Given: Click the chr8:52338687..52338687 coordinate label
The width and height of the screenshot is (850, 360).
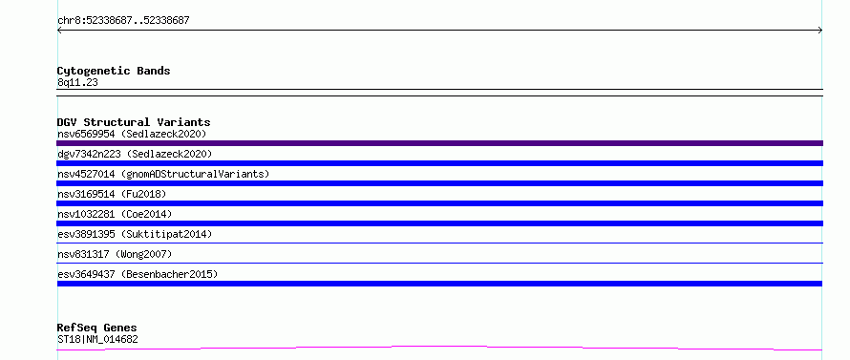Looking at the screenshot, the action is (x=123, y=21).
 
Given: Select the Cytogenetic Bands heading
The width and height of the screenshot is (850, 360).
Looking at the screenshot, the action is (x=114, y=71).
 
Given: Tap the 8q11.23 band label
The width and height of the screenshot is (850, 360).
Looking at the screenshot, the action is (x=77, y=83).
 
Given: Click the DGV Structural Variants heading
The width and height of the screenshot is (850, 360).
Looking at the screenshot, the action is (x=134, y=122).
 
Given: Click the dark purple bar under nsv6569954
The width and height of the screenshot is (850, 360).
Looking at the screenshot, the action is (x=439, y=143).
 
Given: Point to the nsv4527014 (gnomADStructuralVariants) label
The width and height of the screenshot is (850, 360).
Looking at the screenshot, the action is (x=163, y=174).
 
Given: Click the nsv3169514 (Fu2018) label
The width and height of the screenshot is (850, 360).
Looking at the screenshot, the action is (x=112, y=194).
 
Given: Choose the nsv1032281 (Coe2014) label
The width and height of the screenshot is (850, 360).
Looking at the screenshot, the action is (x=115, y=214).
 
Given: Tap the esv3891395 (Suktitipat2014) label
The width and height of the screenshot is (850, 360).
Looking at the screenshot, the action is (x=135, y=234).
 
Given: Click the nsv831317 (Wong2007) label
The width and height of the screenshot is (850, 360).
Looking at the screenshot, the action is (x=115, y=254).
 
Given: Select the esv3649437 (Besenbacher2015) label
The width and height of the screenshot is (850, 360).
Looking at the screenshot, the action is (x=138, y=274).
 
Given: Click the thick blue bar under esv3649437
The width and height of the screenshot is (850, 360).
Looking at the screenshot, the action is (x=439, y=284).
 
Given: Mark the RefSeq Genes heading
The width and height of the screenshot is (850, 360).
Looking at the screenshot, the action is (x=96, y=328).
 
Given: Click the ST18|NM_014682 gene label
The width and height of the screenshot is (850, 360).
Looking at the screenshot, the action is (x=97, y=340).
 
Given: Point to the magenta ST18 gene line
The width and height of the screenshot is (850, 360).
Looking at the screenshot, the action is (x=439, y=348).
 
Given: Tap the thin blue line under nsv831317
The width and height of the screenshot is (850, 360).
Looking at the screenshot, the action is (x=439, y=263).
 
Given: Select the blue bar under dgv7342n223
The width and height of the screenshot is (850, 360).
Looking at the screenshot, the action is (x=439, y=163).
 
